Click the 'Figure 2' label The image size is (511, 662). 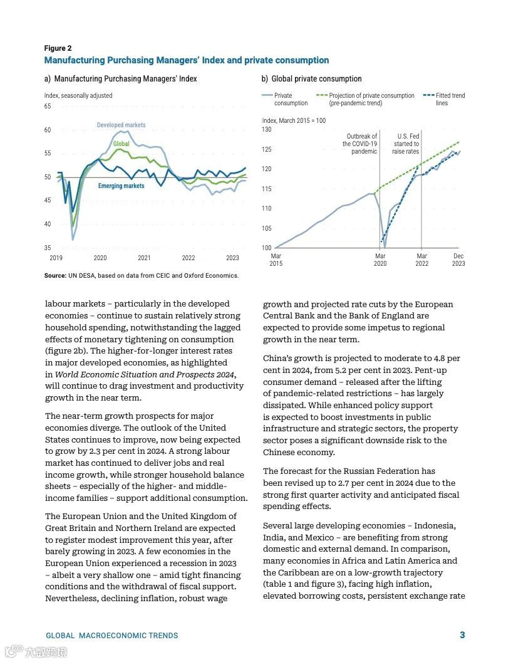[58, 48]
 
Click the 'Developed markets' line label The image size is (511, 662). [121, 125]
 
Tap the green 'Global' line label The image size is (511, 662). [121, 144]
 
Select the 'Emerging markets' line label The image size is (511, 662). [121, 186]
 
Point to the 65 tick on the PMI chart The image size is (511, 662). [48, 107]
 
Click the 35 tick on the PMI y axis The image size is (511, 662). [48, 248]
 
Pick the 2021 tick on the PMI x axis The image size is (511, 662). [144, 258]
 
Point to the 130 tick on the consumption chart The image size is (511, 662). [267, 129]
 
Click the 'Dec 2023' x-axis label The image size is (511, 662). [458, 260]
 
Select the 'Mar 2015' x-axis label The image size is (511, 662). [276, 260]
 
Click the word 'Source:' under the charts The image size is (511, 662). [55, 275]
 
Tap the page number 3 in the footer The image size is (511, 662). [462, 635]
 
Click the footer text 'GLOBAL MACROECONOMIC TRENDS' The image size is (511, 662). [112, 636]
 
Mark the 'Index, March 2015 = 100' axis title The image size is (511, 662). [294, 120]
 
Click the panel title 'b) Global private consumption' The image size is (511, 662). [311, 79]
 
